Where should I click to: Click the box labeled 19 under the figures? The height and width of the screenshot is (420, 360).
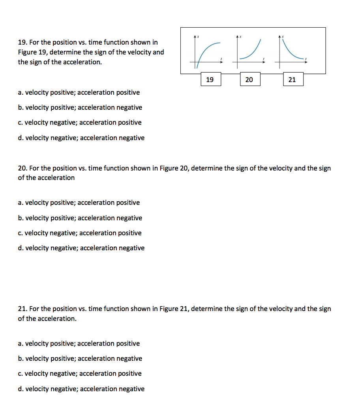[x=210, y=79]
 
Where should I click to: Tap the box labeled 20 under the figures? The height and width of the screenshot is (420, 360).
[x=249, y=79]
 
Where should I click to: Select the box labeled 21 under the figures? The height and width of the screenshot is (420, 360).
[x=292, y=79]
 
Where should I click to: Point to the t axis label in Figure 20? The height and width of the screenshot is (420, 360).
[x=264, y=59]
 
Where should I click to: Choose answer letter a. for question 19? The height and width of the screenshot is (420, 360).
[x=21, y=92]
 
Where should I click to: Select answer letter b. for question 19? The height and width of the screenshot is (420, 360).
[x=21, y=107]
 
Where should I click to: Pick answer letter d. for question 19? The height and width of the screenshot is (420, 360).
[x=21, y=138]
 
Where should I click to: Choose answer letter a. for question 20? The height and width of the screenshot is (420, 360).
[x=21, y=202]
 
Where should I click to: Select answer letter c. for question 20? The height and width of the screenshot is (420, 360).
[x=21, y=233]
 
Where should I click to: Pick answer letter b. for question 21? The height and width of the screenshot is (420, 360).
[x=21, y=358]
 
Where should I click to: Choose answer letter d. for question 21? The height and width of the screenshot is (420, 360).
[x=21, y=389]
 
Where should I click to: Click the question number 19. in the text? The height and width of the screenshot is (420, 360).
[x=22, y=42]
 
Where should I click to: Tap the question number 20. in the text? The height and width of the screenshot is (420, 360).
[x=23, y=168]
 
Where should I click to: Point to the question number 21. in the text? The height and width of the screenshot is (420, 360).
[x=23, y=309]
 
